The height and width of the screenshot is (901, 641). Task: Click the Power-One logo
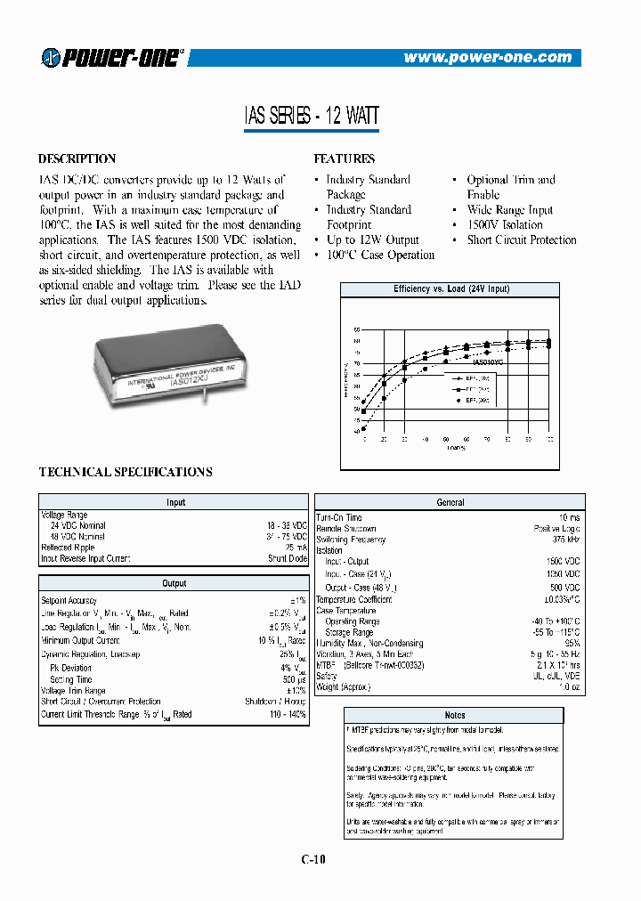click(x=111, y=57)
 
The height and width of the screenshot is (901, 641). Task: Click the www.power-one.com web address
click(x=487, y=57)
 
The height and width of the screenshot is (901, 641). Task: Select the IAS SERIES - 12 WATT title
click(x=312, y=116)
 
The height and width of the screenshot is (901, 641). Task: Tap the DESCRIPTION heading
click(x=77, y=159)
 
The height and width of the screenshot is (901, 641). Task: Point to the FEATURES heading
click(x=345, y=159)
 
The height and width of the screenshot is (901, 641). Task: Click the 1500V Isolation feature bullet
click(x=505, y=225)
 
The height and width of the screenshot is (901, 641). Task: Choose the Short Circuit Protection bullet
click(x=521, y=240)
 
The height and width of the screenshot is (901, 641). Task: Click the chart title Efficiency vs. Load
click(x=451, y=290)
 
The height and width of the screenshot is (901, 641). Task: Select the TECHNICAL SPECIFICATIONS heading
click(x=126, y=473)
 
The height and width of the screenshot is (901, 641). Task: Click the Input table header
click(x=175, y=503)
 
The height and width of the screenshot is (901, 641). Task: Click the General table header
click(x=450, y=503)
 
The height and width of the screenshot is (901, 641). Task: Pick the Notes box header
click(x=454, y=715)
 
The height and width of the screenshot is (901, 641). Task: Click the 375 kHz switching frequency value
click(x=564, y=540)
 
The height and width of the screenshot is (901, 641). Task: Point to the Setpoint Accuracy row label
click(x=69, y=601)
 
